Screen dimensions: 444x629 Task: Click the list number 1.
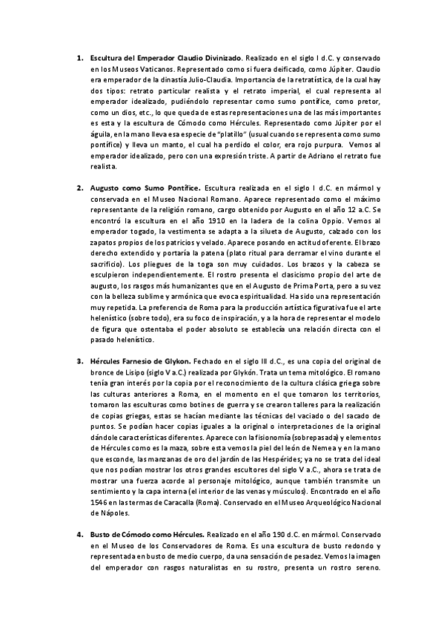(x=79, y=57)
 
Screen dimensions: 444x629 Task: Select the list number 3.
(x=79, y=361)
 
